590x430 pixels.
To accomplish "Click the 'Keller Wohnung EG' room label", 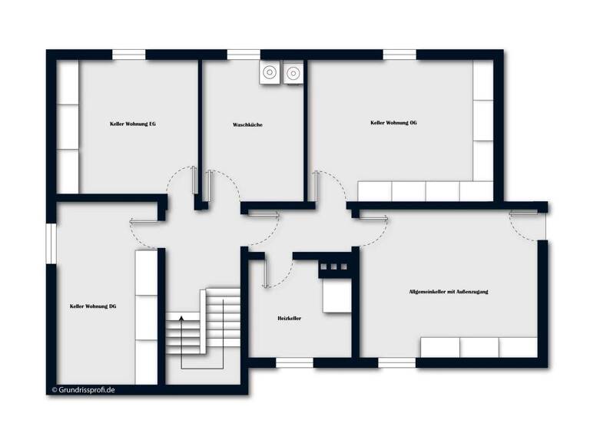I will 133,123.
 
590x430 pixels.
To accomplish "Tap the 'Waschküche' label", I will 247,124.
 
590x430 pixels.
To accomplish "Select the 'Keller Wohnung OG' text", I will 393,123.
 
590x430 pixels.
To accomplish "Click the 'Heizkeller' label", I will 289,318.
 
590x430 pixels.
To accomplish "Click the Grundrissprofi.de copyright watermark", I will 83,389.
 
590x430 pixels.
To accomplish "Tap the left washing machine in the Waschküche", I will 270,73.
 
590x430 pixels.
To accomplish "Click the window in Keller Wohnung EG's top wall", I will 129,55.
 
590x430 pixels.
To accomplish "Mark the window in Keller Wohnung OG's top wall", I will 399,55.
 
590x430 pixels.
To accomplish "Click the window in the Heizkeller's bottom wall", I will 293,363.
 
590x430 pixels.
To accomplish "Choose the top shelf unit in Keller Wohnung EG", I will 68,83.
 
